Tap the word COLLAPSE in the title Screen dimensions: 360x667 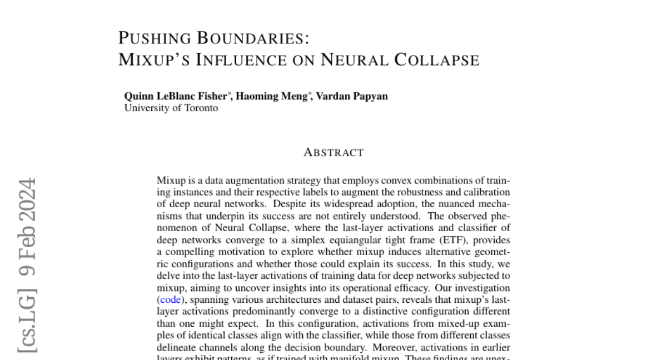pyautogui.click(x=437, y=59)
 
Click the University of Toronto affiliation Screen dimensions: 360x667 pyautogui.click(x=171, y=108)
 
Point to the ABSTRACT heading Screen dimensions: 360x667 pyautogui.click(x=333, y=153)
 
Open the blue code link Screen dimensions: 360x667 pyautogui.click(x=171, y=299)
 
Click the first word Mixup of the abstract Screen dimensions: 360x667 pyautogui.click(x=169, y=181)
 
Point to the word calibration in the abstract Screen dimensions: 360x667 pyautogui.click(x=489, y=192)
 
